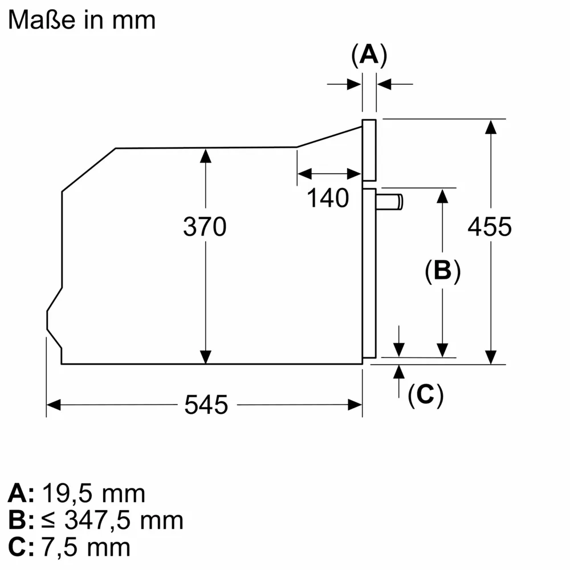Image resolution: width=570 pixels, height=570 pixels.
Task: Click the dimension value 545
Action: [206, 405]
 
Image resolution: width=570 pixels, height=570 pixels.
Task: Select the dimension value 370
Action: [205, 226]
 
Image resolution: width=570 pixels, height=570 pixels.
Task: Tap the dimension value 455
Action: [490, 226]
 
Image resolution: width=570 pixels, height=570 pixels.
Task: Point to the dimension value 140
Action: [328, 198]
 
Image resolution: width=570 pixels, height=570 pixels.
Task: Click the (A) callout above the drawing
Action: [369, 55]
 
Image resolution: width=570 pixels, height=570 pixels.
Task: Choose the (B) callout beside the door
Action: [443, 271]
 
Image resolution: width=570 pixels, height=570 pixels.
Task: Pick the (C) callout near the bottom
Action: [425, 395]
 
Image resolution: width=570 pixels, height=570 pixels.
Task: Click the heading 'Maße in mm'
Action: [82, 19]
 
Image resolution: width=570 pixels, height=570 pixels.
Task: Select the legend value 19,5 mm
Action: [94, 494]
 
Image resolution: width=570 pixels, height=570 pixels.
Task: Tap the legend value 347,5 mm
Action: [124, 520]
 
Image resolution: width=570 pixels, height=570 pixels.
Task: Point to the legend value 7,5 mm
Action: [86, 547]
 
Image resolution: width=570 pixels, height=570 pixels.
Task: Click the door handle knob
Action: [389, 202]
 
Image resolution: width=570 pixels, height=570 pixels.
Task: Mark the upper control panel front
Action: [369, 150]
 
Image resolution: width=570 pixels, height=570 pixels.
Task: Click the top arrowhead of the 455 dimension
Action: [491, 127]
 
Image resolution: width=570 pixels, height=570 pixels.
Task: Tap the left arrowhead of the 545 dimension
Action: [54, 405]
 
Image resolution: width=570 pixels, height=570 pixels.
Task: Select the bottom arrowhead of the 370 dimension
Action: [206, 357]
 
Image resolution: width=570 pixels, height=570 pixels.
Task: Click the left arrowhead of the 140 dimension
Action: [304, 174]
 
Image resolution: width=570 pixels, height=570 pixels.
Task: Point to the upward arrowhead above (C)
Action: [399, 372]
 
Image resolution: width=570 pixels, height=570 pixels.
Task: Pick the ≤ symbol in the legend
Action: [48, 520]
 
